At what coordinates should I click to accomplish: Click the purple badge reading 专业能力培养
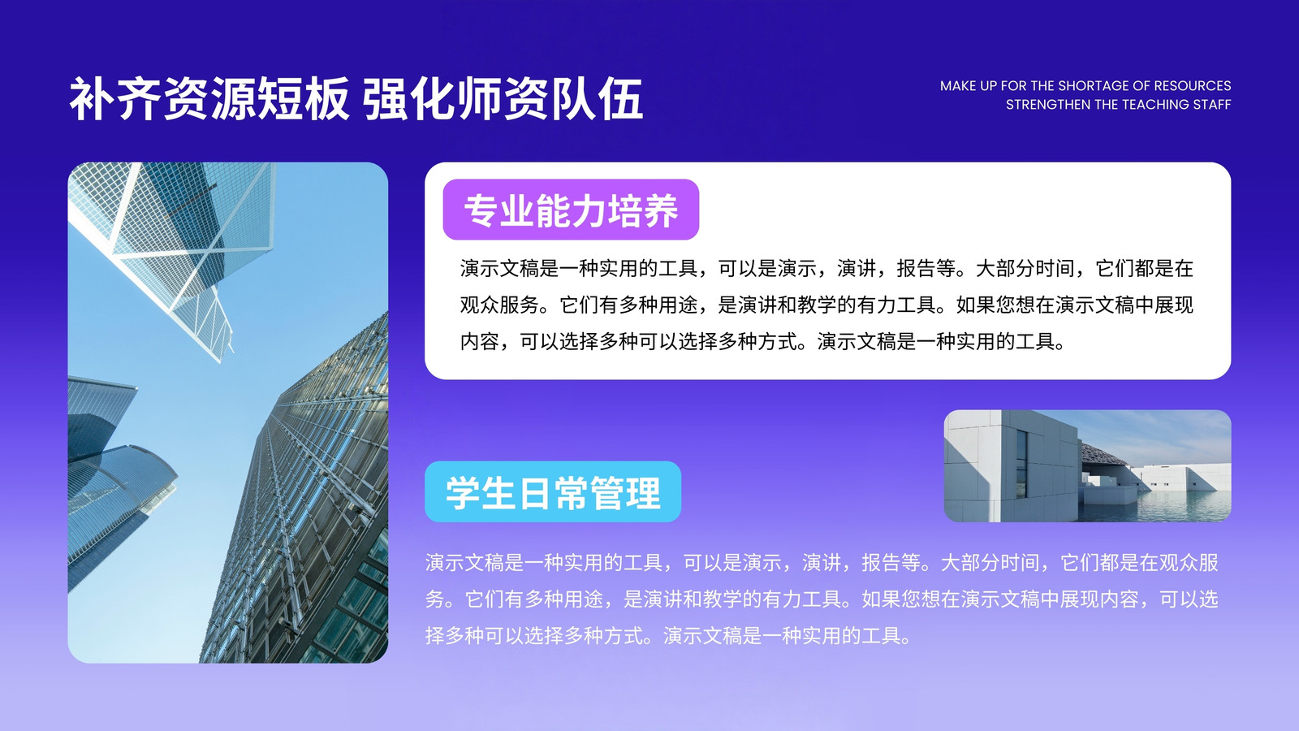point(571,210)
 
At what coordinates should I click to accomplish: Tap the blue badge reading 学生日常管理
point(553,492)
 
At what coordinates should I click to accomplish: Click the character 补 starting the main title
point(92,98)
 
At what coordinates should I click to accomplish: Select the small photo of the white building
point(1087,466)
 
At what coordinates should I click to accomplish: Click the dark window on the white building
point(1021,463)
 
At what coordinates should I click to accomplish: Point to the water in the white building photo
point(1183,506)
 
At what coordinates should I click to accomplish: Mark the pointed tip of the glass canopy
point(219,361)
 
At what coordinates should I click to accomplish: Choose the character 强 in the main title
point(385,98)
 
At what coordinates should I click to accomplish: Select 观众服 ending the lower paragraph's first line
point(1189,562)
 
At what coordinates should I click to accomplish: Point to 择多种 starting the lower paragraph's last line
point(455,635)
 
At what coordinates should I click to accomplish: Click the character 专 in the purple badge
point(481,210)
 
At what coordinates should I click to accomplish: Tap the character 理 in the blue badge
point(643,493)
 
